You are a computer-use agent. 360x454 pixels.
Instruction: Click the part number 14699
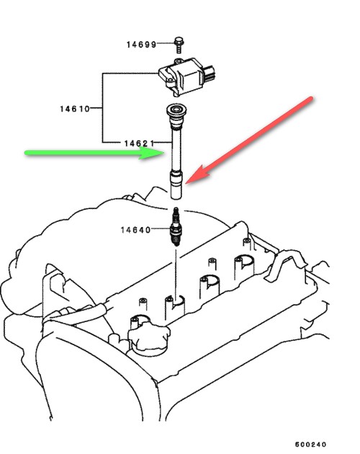[141, 45]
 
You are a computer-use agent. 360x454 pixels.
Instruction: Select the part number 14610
[75, 109]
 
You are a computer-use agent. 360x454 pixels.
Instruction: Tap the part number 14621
[139, 143]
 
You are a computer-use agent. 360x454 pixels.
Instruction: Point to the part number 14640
[135, 230]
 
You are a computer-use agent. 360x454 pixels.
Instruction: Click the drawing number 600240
[310, 444]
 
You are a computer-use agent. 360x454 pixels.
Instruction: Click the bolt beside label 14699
[179, 45]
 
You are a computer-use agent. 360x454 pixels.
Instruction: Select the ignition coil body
[185, 76]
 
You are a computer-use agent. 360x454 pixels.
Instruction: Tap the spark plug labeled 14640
[176, 226]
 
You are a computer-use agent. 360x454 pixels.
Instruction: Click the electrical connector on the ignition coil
[210, 73]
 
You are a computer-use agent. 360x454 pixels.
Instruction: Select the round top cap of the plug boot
[176, 110]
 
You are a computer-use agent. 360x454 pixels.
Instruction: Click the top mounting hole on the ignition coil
[179, 61]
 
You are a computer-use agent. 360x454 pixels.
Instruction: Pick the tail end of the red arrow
[311, 99]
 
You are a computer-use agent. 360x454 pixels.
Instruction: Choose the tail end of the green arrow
[27, 153]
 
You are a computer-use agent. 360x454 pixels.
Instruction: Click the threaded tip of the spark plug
[176, 240]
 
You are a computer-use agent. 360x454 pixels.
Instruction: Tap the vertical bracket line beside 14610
[102, 107]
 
